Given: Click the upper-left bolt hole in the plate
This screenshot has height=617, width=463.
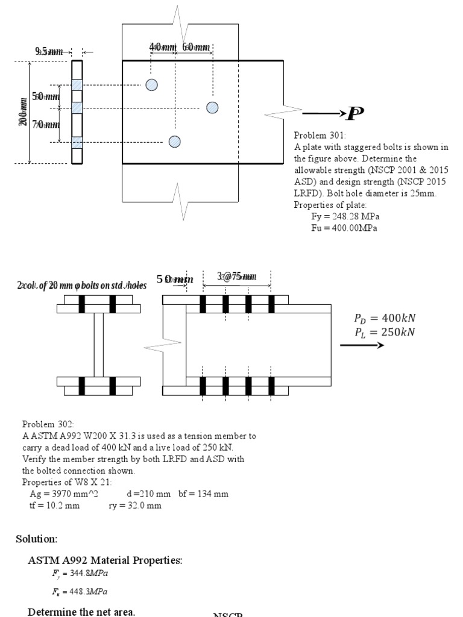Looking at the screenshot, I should [x=152, y=84].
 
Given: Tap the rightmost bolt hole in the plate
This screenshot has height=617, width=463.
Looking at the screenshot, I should [x=212, y=107].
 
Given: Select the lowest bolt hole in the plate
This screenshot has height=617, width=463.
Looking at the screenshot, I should [x=174, y=142].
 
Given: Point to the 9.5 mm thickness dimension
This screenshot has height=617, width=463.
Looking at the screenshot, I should [x=49, y=52].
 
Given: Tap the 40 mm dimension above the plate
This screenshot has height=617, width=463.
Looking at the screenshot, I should [x=162, y=47].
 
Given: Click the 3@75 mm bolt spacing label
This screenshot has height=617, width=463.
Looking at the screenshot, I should [x=236, y=277].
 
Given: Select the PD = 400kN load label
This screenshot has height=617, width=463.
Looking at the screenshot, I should [x=384, y=319].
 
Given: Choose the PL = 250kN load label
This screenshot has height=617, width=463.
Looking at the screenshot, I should [x=384, y=332].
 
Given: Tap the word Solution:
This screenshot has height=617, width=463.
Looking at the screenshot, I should [x=37, y=538].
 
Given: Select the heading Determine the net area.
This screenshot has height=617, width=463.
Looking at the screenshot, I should [x=82, y=612].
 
